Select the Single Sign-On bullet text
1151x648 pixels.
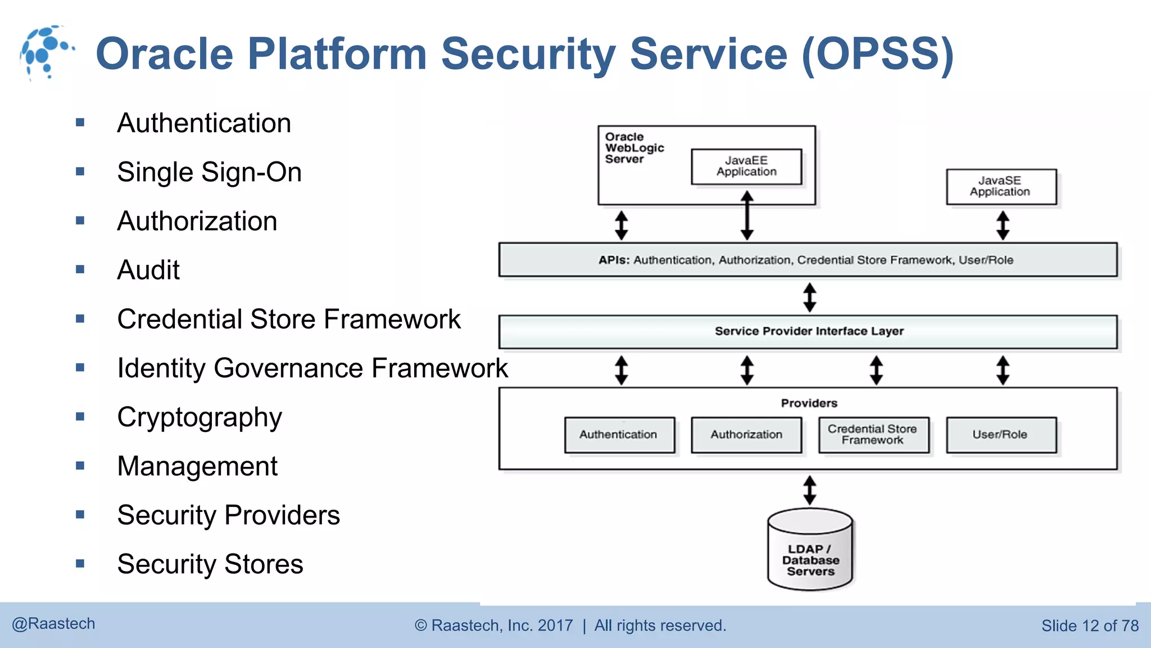click(x=209, y=172)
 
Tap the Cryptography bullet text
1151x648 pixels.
click(x=199, y=417)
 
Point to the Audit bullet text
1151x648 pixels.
click(x=148, y=270)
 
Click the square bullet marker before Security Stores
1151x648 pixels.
click(x=80, y=563)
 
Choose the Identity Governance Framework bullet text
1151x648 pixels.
click(x=312, y=368)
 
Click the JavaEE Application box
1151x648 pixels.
click(x=746, y=166)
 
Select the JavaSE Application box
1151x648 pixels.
click(x=1000, y=187)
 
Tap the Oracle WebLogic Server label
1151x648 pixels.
click(x=633, y=148)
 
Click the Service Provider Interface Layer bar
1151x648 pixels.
click(x=808, y=331)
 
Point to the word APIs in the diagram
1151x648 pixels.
click(x=614, y=260)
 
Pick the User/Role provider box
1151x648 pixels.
click(x=1000, y=435)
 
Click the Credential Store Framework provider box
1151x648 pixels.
click(x=873, y=435)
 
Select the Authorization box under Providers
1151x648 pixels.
click(x=746, y=435)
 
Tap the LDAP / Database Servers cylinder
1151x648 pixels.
click(x=810, y=554)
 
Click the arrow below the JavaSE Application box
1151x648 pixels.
click(x=1003, y=225)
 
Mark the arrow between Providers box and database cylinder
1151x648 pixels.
click(x=809, y=489)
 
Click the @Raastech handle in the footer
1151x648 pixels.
click(x=54, y=624)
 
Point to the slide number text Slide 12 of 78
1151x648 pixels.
click(x=1089, y=625)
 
